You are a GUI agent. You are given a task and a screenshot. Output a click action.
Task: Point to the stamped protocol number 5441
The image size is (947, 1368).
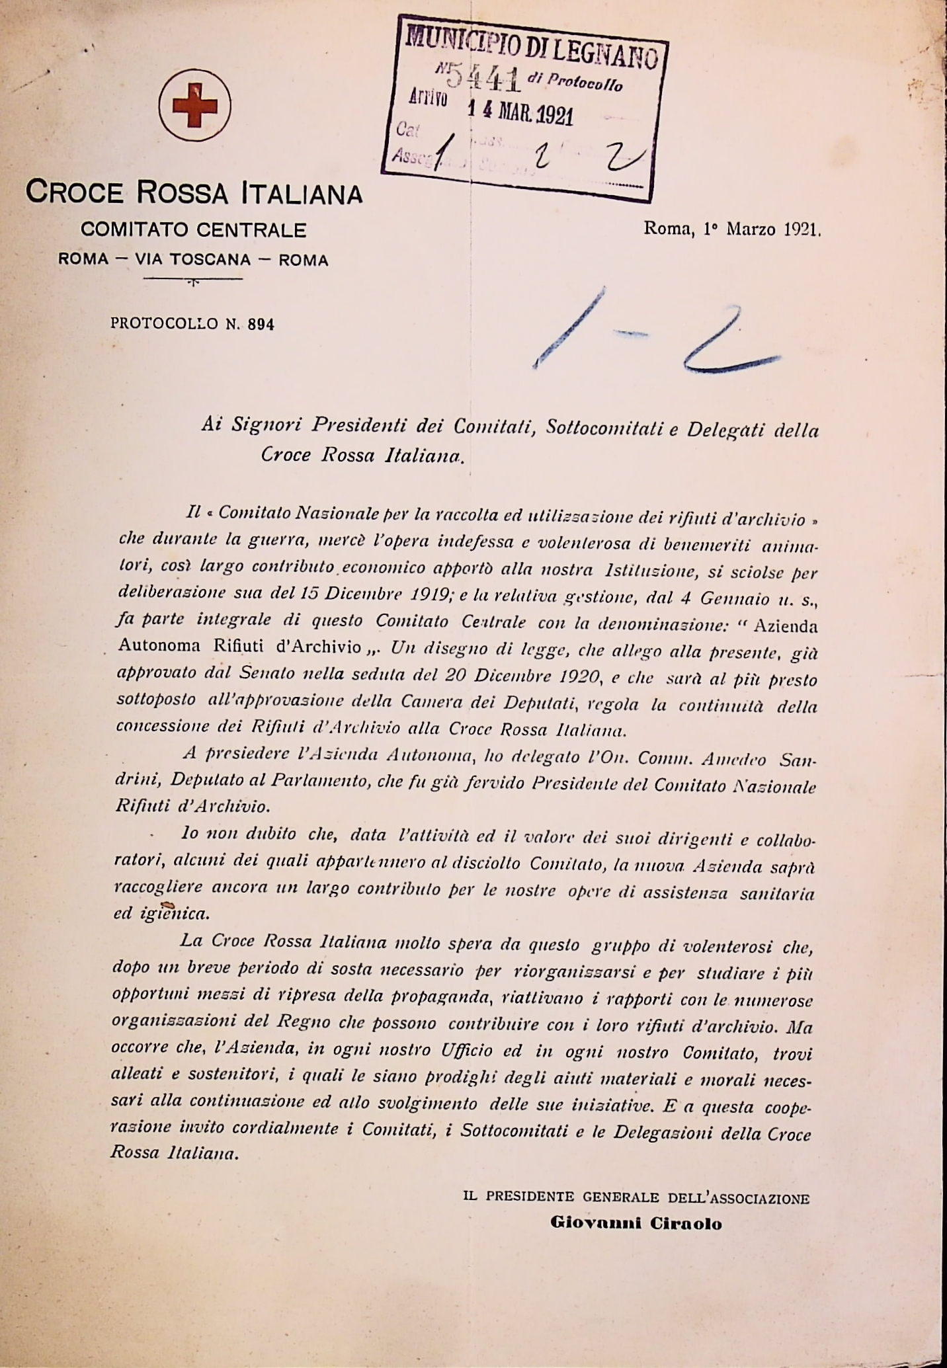click(481, 78)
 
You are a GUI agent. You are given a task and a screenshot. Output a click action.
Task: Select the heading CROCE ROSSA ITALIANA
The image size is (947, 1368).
click(194, 192)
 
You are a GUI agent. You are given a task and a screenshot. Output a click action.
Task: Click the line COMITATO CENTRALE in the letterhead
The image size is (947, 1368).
click(193, 230)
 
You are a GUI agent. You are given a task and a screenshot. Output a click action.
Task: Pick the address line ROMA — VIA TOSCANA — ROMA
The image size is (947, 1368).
click(193, 260)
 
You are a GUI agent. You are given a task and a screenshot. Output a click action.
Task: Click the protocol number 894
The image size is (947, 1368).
click(261, 324)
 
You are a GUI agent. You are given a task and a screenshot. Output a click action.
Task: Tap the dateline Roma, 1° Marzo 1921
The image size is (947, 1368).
click(732, 230)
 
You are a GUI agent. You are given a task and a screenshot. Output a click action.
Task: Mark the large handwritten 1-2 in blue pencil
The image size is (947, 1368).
click(655, 334)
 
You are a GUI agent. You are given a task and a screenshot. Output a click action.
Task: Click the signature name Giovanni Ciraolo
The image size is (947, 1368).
click(636, 1223)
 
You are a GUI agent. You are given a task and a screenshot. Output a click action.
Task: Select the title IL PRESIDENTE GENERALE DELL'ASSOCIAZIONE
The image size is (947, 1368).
click(636, 1197)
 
